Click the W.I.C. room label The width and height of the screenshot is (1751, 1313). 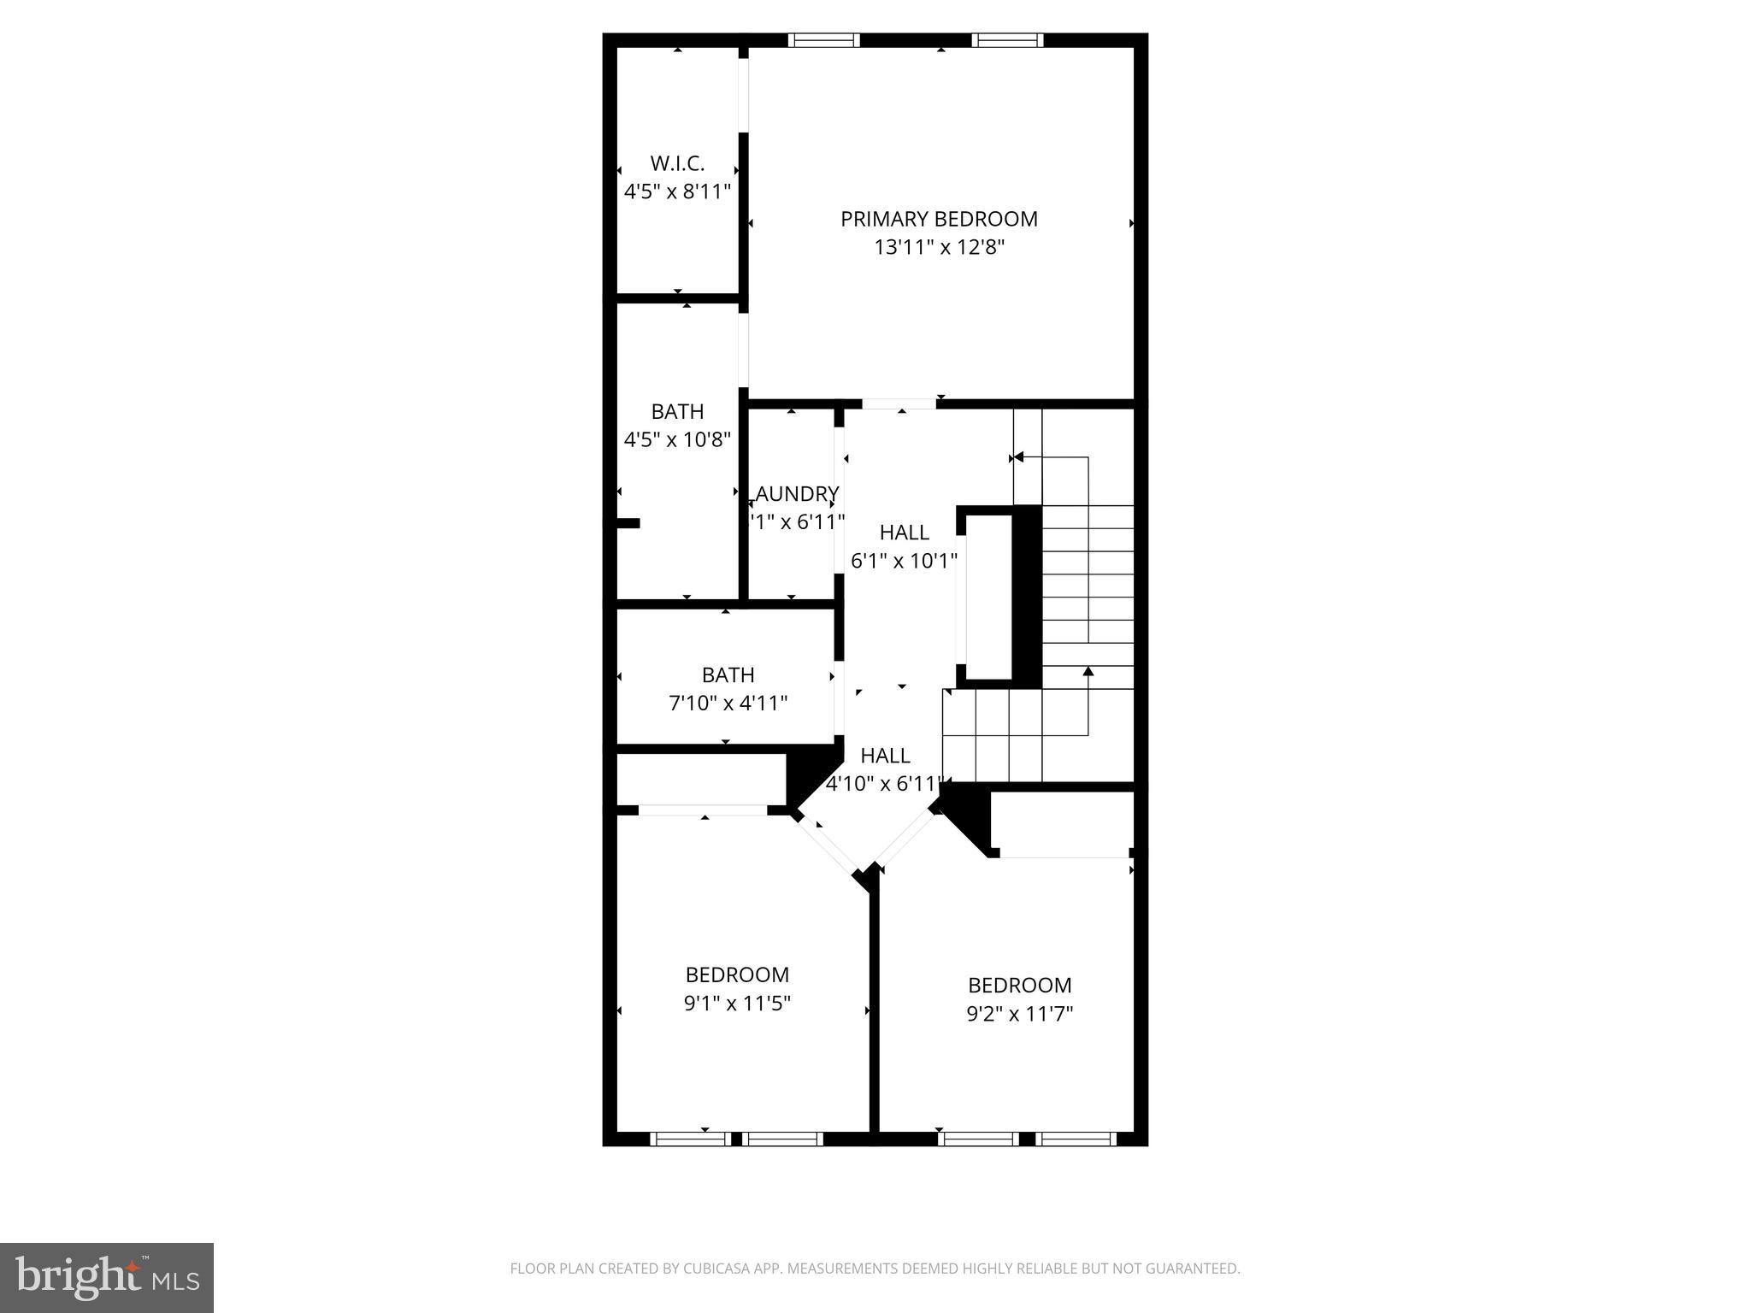[677, 163]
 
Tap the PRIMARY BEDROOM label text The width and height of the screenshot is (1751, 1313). [939, 220]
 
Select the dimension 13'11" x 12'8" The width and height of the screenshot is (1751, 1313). [939, 248]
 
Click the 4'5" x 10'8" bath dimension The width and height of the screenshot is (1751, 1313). [677, 440]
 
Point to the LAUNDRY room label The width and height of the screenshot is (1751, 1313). [797, 494]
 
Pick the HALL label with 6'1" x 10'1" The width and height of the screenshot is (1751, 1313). [904, 533]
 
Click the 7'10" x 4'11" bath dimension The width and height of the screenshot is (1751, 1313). [728, 704]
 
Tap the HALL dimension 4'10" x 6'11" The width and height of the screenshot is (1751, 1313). [884, 784]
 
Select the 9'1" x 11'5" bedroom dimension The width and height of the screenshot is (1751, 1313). [737, 1004]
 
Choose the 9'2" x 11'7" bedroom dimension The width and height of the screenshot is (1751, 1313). [1020, 1014]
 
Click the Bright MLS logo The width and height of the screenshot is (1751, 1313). [107, 1279]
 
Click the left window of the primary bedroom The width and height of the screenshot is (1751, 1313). [823, 40]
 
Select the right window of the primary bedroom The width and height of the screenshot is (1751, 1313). [1007, 40]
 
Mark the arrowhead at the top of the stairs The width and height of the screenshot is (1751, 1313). [1017, 458]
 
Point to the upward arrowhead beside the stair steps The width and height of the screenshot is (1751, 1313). [1088, 671]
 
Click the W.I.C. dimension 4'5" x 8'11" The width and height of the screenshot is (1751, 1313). [677, 191]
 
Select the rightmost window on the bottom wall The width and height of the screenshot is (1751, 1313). [1076, 1139]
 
